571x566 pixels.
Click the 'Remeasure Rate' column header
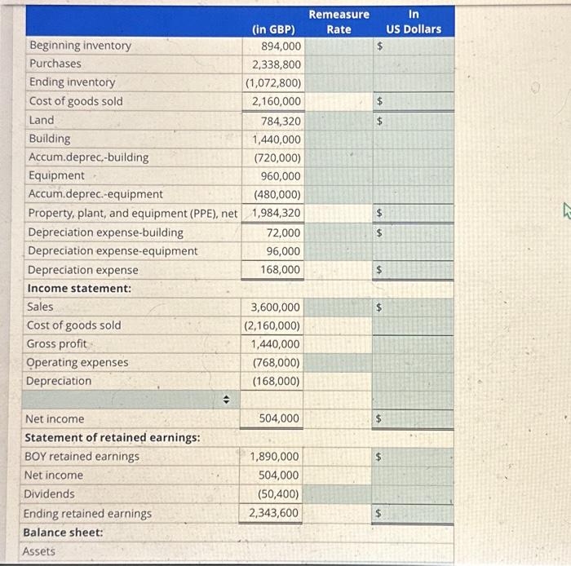click(x=339, y=22)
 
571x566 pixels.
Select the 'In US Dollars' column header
click(x=414, y=22)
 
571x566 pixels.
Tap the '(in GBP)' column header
click(x=274, y=30)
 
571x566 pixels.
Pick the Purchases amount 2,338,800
click(x=277, y=64)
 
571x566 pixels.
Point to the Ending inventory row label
click(x=72, y=82)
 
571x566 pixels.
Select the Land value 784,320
click(x=281, y=121)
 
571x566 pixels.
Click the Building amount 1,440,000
click(x=277, y=139)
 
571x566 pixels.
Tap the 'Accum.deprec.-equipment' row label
click(x=95, y=194)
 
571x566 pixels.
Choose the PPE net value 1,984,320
click(x=277, y=213)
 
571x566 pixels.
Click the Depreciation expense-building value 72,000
click(x=284, y=232)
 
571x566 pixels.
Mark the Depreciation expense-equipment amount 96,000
click(x=284, y=251)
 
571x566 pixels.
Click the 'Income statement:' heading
click(x=79, y=288)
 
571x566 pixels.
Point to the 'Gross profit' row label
click(x=56, y=343)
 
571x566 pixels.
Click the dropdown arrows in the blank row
click(x=228, y=400)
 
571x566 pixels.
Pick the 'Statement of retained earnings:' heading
click(x=112, y=437)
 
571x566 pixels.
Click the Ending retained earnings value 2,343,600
click(x=274, y=513)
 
